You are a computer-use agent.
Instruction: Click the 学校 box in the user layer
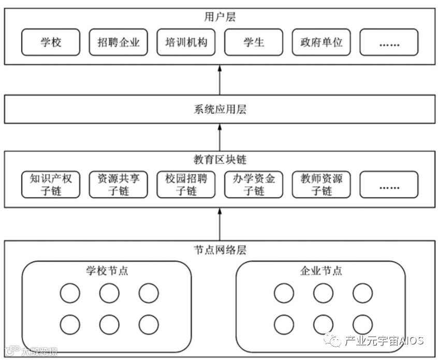51,42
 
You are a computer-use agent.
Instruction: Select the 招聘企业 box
119,42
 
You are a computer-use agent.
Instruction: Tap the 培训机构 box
186,42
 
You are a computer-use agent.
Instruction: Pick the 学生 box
254,42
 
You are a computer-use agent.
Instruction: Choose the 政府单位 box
322,42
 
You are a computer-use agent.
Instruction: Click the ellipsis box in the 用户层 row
389,42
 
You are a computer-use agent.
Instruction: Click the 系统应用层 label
220,109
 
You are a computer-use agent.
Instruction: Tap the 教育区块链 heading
220,160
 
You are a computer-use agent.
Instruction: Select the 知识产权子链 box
51,185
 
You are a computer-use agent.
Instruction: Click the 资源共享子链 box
119,185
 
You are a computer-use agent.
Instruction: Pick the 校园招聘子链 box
186,185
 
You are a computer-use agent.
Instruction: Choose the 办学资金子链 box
254,185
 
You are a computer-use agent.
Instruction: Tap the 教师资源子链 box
322,185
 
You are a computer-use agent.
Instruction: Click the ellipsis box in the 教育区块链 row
389,185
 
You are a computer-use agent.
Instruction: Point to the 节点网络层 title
220,250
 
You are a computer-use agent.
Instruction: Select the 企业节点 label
321,271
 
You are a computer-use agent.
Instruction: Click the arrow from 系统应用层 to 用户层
220,80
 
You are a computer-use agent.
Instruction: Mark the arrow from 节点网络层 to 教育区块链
220,223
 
